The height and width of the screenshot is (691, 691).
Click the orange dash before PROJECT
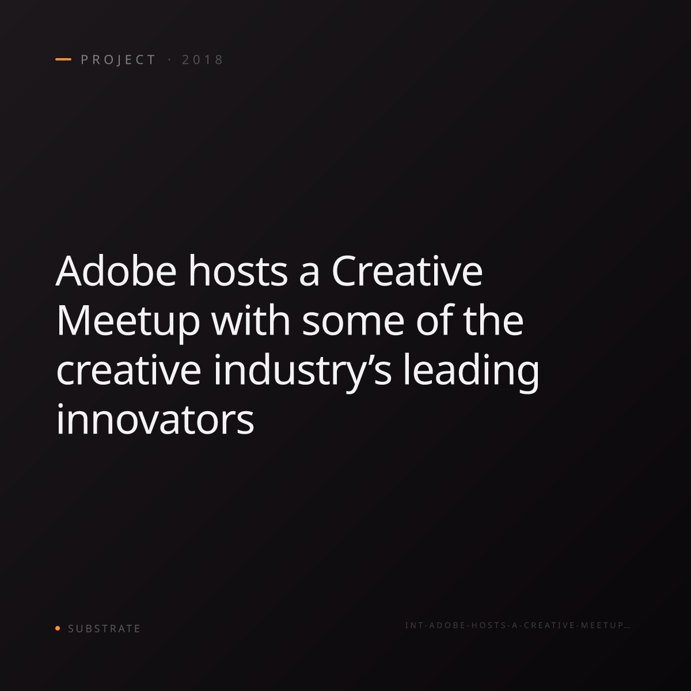(63, 59)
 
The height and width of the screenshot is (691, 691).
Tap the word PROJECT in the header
(119, 59)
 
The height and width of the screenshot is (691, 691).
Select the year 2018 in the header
(203, 59)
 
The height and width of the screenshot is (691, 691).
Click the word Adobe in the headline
(116, 271)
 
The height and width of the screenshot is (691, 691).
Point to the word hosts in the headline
(238, 271)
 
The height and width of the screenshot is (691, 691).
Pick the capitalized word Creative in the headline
(407, 271)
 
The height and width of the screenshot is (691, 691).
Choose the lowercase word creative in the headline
(128, 370)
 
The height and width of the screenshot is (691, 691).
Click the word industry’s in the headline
(302, 373)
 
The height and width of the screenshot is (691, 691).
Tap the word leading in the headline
(471, 373)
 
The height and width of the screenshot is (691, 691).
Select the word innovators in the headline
(155, 419)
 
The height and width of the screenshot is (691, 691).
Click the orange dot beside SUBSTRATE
(58, 628)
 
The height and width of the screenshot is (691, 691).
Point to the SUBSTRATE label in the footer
(104, 628)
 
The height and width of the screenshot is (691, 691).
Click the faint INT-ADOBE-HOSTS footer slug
(518, 625)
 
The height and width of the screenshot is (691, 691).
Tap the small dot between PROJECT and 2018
(169, 59)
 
